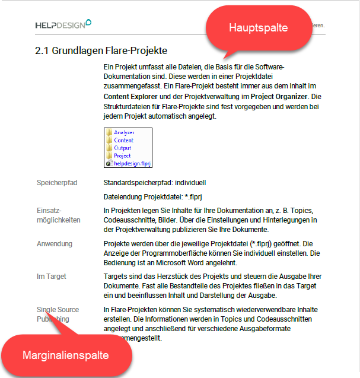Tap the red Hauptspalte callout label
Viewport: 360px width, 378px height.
tap(258, 28)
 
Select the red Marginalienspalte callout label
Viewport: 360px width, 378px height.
tap(65, 355)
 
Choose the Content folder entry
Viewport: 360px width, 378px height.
tap(123, 140)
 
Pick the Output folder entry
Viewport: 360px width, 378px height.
tap(122, 148)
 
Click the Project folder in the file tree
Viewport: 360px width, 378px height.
tap(122, 155)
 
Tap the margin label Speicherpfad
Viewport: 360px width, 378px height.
tap(57, 182)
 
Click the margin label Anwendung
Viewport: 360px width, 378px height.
tap(55, 244)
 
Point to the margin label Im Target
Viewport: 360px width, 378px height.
tap(52, 277)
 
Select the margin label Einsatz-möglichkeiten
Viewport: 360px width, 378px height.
tap(59, 215)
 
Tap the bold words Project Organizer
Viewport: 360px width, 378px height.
tap(278, 96)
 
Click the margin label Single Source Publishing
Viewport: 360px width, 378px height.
tap(58, 314)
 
